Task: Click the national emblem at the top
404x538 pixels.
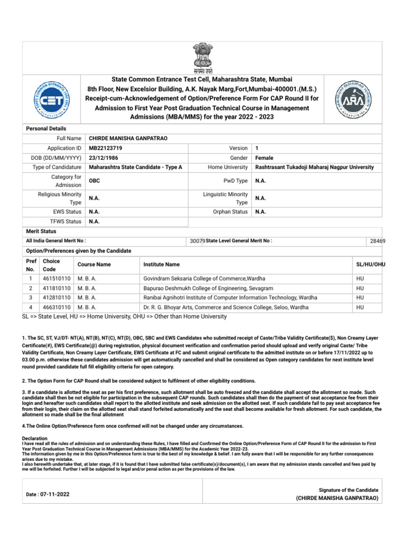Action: pos(202,58)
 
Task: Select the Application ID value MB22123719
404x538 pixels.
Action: pos(106,148)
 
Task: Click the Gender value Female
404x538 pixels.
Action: pos(264,158)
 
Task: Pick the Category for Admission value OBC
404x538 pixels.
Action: pos(95,181)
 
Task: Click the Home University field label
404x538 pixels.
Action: pos(228,167)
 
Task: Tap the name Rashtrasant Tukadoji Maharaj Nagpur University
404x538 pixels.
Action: pos(314,167)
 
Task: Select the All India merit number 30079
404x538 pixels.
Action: pos(196,241)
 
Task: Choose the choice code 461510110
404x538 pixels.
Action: pos(57,278)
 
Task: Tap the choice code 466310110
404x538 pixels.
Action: pos(57,307)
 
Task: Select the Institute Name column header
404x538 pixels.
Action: pos(161,264)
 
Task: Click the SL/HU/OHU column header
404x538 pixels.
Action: pos(371,264)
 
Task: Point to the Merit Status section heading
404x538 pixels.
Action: pos(41,231)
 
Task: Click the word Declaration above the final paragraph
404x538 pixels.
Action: pos(35,438)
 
